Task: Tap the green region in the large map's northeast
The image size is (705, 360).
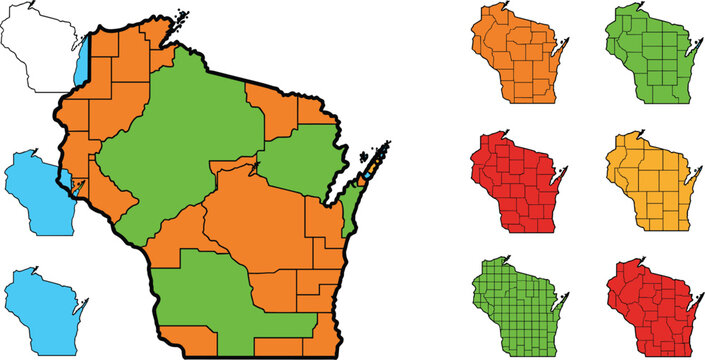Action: click(300, 160)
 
